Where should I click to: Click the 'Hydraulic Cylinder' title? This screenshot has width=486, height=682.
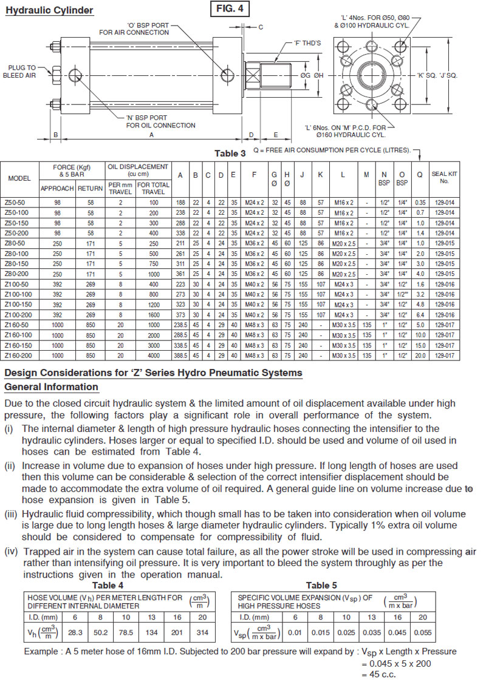49,10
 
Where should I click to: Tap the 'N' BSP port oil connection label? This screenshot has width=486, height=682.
160,122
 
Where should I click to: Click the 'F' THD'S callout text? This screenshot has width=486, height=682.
307,43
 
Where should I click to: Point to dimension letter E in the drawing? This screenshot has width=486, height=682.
275,135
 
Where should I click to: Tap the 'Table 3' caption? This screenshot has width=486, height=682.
230,154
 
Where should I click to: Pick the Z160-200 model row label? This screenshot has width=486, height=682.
19,354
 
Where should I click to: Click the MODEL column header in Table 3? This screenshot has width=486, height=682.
19,178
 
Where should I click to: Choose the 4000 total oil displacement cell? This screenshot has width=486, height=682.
152,354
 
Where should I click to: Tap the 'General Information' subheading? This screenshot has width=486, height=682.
51,387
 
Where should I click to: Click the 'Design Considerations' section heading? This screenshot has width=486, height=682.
153,372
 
